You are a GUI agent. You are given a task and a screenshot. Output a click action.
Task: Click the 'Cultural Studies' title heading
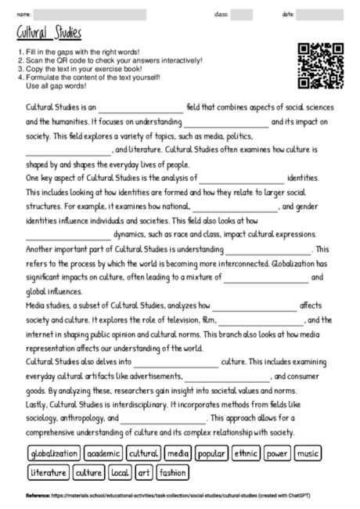click(x=49, y=33)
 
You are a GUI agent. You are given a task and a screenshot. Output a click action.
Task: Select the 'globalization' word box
click(x=54, y=453)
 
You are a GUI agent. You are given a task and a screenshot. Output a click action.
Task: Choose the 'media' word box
click(x=178, y=453)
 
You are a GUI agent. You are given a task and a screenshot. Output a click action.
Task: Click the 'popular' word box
click(x=212, y=453)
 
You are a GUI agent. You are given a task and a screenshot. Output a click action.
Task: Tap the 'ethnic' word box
click(x=247, y=453)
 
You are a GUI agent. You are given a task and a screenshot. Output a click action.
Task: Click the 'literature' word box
click(x=49, y=473)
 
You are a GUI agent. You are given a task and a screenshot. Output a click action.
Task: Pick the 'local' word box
click(x=120, y=473)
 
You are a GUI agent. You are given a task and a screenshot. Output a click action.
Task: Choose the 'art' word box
click(x=145, y=473)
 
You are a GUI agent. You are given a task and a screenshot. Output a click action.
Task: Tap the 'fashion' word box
click(x=172, y=473)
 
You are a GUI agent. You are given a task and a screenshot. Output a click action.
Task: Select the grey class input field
click(x=241, y=13)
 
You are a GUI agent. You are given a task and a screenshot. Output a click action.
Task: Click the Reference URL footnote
click(x=180, y=495)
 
